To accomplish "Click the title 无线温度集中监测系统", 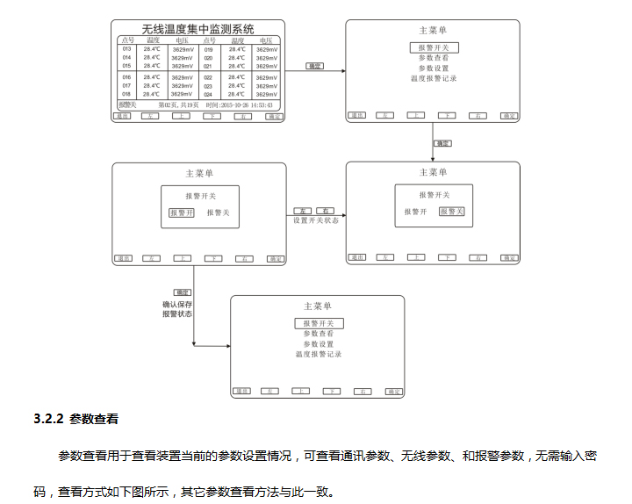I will [x=199, y=29].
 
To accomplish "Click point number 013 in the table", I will [x=126, y=49].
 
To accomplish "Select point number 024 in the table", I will [x=208, y=94].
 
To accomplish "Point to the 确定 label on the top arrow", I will [x=314, y=66].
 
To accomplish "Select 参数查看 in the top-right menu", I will [x=433, y=58].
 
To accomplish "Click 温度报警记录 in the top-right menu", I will [x=433, y=78].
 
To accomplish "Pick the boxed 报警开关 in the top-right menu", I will [x=433, y=47].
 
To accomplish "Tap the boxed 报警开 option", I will [x=182, y=212].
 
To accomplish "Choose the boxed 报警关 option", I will [x=452, y=212].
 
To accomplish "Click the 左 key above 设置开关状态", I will [x=304, y=211].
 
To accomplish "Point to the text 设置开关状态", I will [x=316, y=220].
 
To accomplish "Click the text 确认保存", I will [x=177, y=305].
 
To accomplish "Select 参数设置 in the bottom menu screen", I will [x=318, y=344].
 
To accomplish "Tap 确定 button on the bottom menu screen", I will [x=391, y=391].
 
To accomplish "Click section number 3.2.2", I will [x=47, y=419].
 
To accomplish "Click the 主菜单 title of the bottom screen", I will [x=318, y=306].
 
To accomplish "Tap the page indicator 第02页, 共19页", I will [x=179, y=104].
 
